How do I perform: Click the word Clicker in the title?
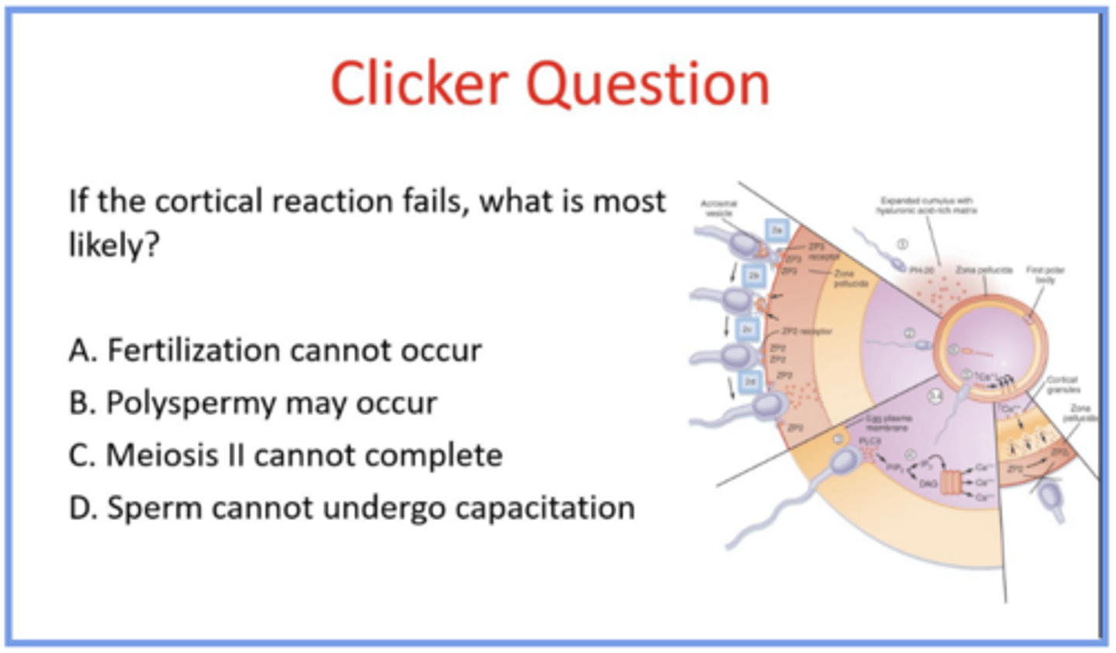tap(419, 84)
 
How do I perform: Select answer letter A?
tap(81, 351)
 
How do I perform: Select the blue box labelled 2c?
tap(747, 329)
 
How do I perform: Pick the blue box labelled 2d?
tap(750, 381)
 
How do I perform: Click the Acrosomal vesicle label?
tap(719, 208)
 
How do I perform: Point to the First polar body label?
tap(1045, 275)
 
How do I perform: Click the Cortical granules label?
tap(1062, 385)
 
